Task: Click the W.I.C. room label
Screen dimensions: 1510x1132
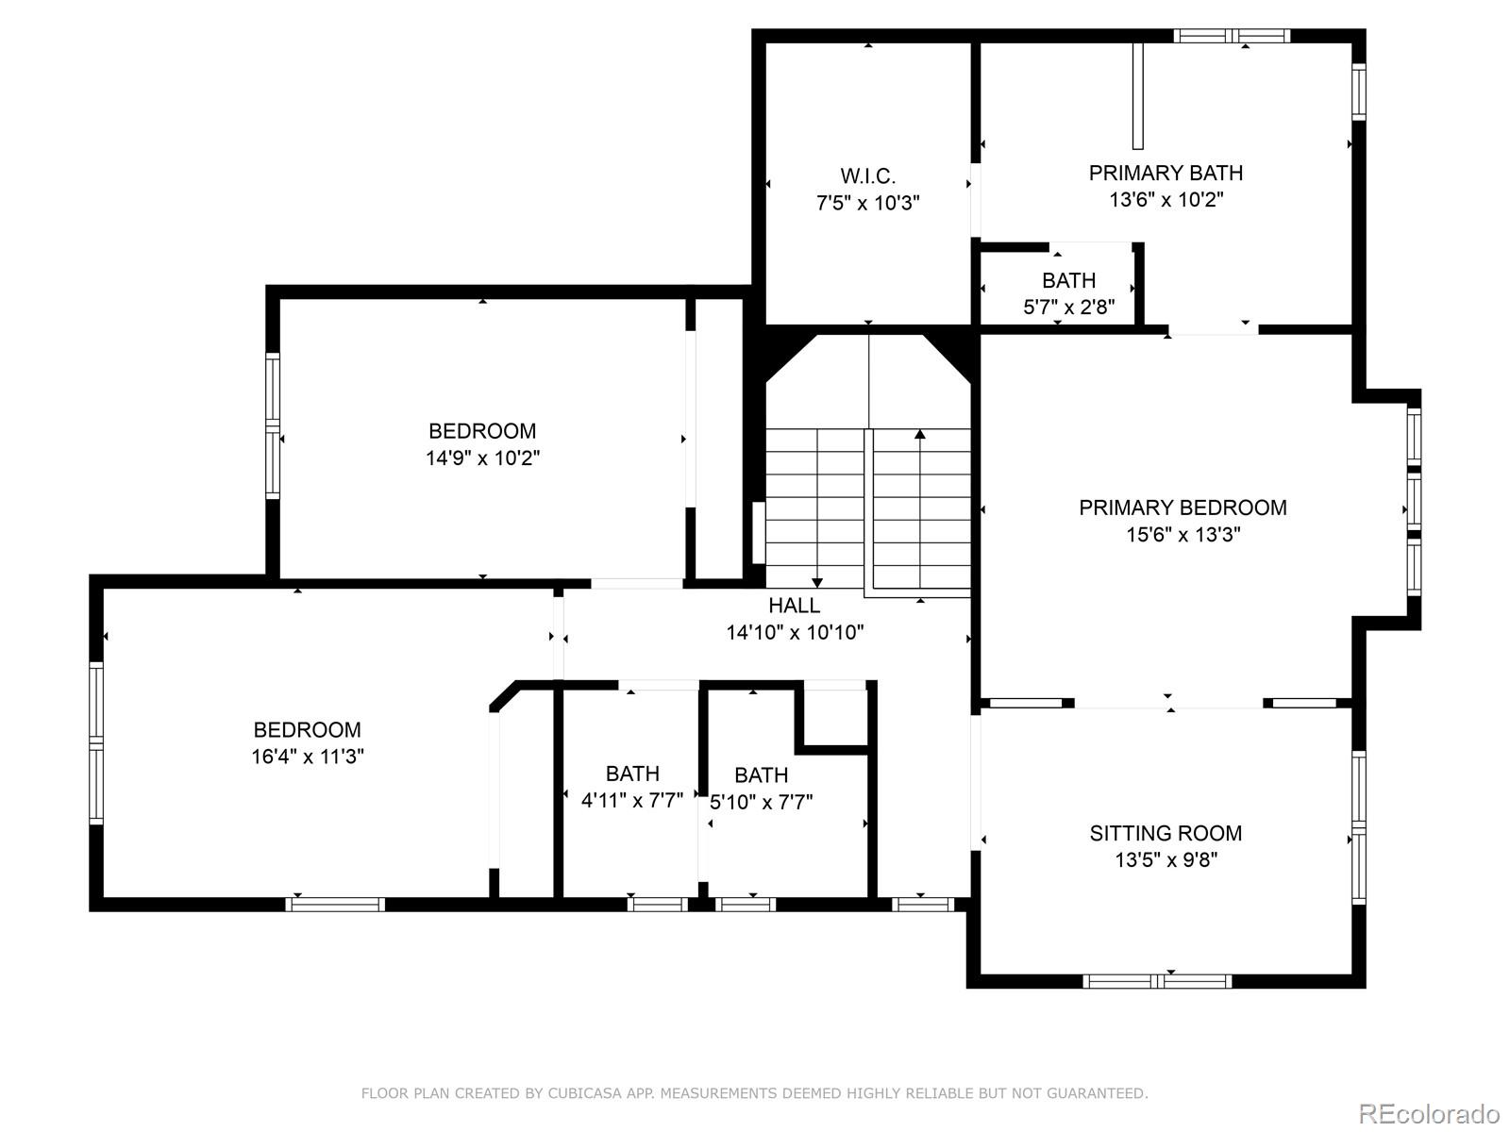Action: [867, 176]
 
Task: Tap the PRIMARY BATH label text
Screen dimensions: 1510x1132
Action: [1166, 173]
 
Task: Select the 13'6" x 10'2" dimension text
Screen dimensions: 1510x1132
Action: [1166, 199]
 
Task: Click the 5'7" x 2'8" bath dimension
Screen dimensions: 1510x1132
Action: [1068, 307]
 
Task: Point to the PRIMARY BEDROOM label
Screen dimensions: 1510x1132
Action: [1183, 508]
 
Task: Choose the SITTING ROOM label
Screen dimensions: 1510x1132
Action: [1166, 833]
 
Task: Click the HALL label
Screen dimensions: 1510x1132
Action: [794, 606]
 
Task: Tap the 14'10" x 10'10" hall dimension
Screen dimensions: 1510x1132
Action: [795, 632]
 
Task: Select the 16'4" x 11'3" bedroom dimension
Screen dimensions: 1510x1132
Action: [307, 756]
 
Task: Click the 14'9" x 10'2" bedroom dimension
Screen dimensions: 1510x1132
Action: [482, 458]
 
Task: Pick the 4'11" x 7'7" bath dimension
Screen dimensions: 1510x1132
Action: [631, 800]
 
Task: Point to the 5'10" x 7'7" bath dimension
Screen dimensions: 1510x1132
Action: [761, 802]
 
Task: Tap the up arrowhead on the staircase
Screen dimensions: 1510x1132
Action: [920, 434]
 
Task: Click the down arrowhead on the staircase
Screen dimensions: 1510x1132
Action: [816, 583]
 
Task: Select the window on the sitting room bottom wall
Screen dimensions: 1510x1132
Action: [1157, 981]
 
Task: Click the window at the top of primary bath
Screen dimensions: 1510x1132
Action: [1232, 36]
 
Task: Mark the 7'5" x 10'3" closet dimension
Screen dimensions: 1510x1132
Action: [867, 203]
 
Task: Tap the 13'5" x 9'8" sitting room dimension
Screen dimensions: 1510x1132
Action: [1166, 859]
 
